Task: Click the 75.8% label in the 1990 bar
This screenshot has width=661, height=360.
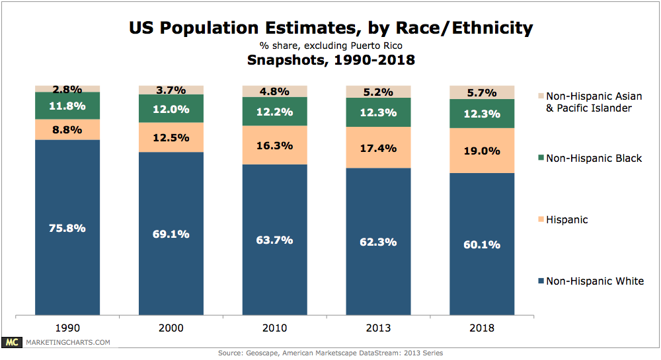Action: [67, 228]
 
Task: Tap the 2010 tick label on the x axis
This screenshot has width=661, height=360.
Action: [275, 328]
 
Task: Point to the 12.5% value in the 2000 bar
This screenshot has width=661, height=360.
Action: [171, 137]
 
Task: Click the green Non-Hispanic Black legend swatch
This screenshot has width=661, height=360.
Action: [541, 159]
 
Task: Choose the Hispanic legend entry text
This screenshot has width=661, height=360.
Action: [566, 220]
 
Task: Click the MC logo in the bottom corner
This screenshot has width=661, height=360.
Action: [11, 342]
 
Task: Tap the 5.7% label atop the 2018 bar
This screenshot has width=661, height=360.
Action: [482, 93]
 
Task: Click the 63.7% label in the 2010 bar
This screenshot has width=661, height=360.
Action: [275, 240]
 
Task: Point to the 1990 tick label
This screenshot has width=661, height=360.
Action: [67, 328]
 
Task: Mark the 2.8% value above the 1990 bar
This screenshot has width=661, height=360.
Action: [67, 89]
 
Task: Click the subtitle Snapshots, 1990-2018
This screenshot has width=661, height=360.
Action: [330, 60]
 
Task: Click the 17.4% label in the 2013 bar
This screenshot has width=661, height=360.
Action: [379, 149]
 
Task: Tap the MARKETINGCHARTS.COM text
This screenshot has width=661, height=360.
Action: [67, 342]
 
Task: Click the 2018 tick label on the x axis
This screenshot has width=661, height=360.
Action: [482, 328]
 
